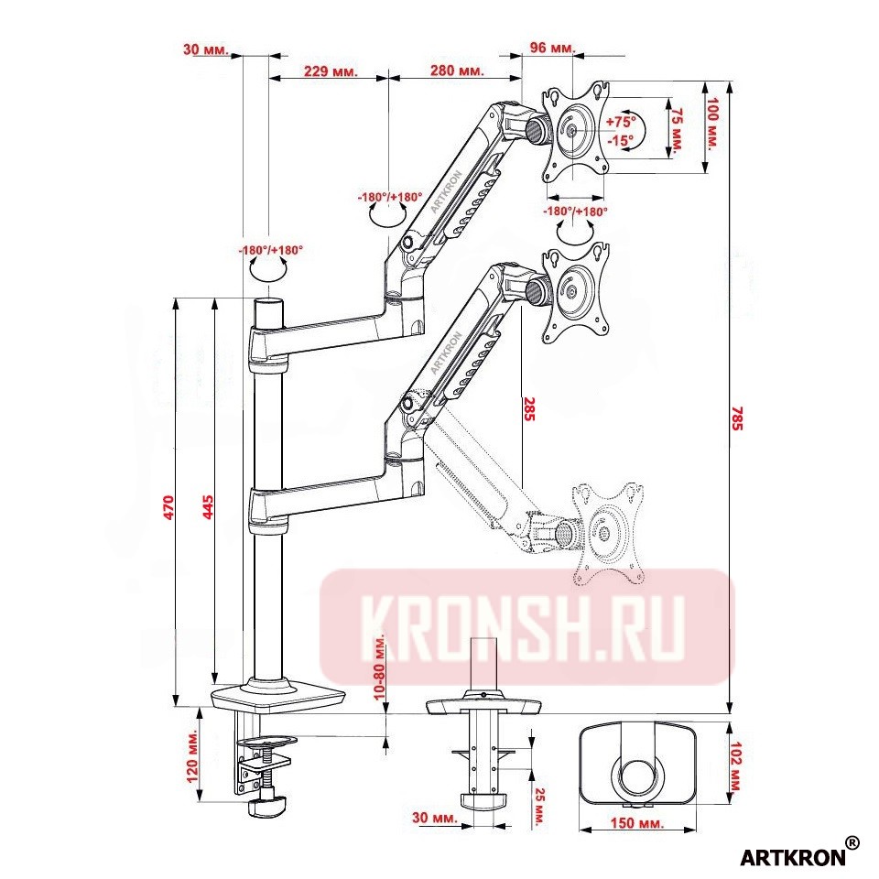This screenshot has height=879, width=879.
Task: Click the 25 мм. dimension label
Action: click(539, 807)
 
